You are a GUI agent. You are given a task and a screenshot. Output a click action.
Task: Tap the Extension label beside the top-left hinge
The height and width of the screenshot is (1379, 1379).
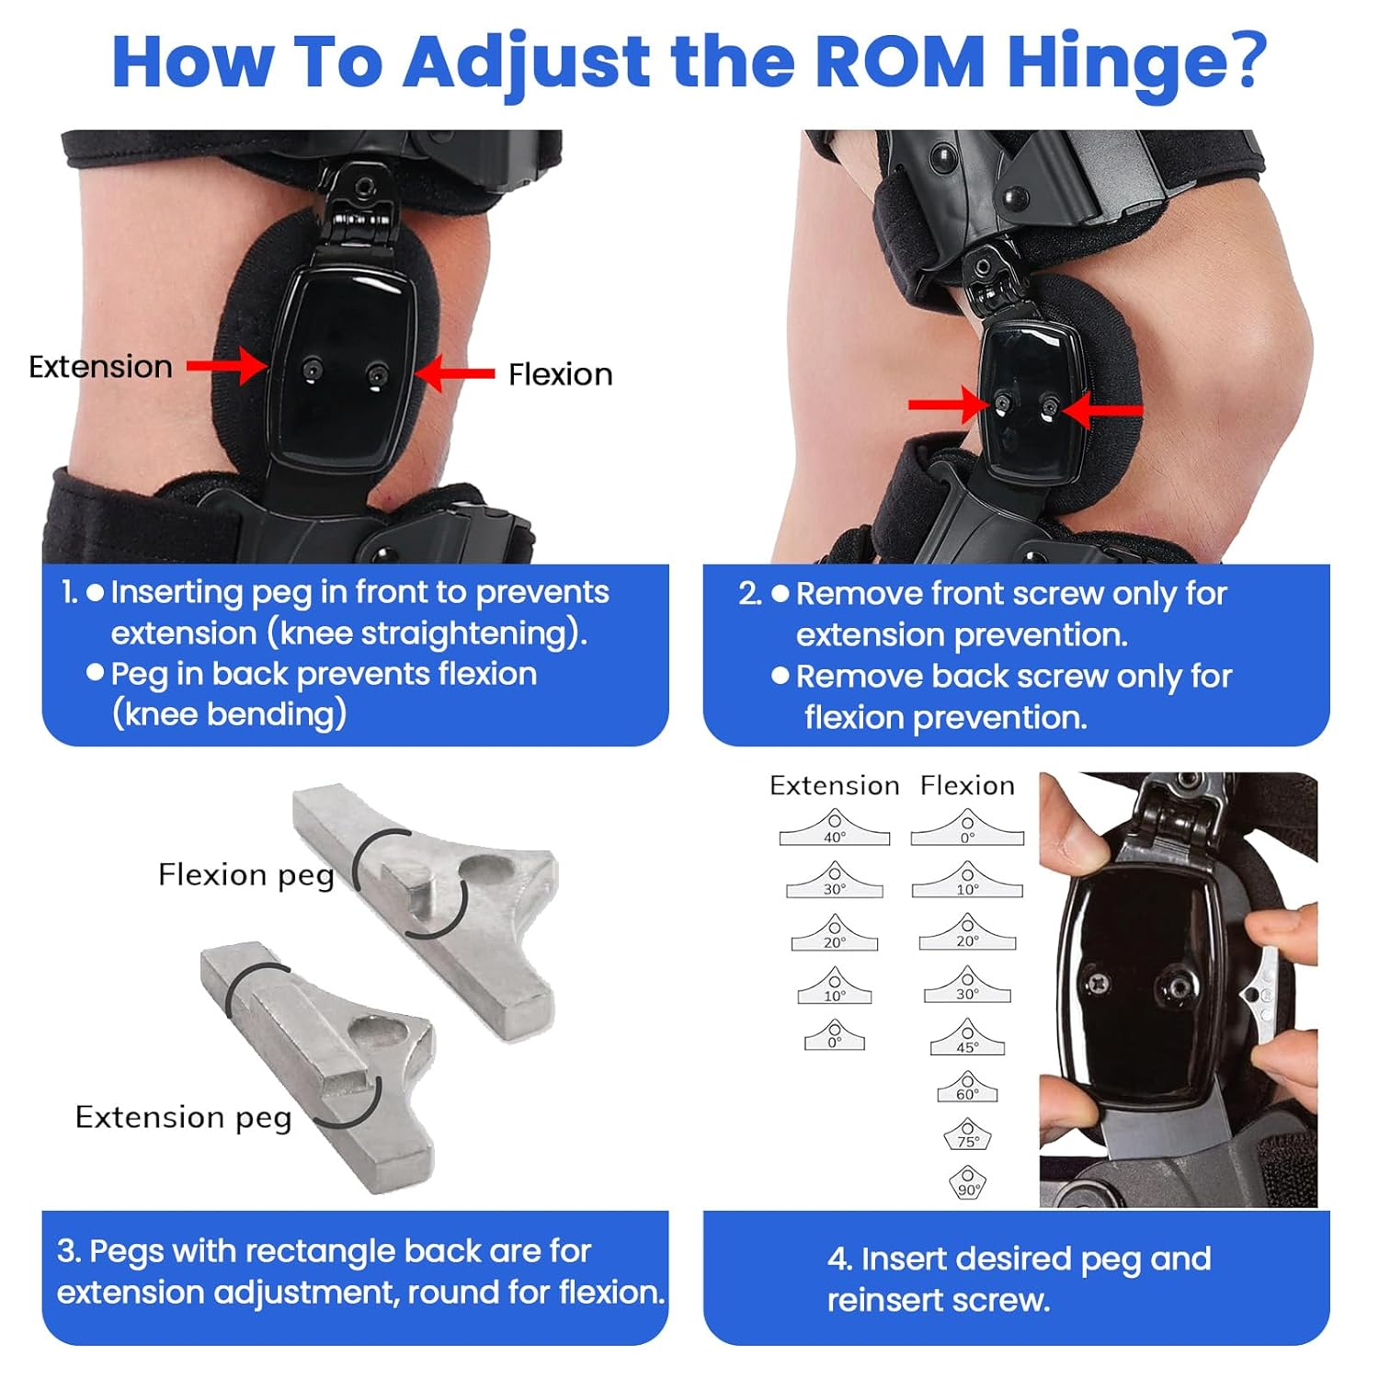point(100,367)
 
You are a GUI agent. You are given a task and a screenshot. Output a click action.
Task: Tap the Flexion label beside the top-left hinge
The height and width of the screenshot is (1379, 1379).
point(560,374)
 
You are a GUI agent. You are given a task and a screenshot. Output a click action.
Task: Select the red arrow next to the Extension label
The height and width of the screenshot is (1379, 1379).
point(226,366)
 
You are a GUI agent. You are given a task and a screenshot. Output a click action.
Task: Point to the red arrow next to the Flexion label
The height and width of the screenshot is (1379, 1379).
point(454,373)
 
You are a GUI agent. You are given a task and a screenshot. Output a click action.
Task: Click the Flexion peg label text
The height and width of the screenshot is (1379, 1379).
point(245,874)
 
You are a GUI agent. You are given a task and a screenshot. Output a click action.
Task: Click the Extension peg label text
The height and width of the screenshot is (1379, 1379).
point(183,1117)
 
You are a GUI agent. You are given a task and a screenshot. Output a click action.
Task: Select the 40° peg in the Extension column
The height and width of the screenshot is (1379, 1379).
point(834,829)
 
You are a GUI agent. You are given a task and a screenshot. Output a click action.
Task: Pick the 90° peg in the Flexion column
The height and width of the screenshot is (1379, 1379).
point(967,1182)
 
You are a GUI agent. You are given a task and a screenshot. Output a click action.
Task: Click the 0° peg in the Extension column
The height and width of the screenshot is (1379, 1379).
point(834,1036)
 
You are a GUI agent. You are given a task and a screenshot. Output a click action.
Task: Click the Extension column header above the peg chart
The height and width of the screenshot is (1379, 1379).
point(834,785)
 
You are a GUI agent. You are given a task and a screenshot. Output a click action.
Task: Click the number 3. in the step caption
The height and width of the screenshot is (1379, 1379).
point(69,1251)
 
